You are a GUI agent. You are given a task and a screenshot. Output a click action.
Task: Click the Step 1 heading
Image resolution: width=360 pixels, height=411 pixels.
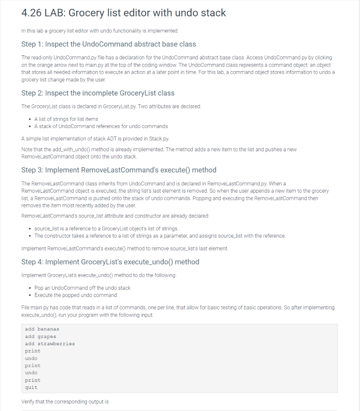pos(108,44)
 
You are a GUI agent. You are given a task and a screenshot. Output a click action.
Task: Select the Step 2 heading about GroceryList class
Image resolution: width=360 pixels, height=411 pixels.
pos(98,93)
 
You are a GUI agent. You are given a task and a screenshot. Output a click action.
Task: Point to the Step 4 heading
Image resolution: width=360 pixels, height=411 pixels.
pos(110,262)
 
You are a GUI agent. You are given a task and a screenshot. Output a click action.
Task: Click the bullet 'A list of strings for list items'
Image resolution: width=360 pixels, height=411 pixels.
pos(66,119)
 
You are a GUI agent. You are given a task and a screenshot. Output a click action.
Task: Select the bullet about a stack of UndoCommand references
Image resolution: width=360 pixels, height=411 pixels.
pos(101,126)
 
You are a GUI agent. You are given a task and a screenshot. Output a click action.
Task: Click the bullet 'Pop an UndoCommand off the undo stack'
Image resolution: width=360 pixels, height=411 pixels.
pos(82,288)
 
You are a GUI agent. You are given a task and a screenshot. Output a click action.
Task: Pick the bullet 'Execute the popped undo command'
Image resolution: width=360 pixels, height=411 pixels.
pos(75,295)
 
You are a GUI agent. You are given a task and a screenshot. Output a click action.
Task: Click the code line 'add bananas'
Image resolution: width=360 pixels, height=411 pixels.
pos(42,329)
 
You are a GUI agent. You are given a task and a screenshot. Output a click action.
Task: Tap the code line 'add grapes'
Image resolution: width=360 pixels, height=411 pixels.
pos(40,336)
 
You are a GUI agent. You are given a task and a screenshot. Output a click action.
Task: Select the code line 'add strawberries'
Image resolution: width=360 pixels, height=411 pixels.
pos(50,344)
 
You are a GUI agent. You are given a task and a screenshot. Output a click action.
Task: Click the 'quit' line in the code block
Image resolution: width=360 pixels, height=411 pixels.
pos(31,387)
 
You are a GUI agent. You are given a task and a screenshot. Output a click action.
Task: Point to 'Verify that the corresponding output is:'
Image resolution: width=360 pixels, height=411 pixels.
pos(65,401)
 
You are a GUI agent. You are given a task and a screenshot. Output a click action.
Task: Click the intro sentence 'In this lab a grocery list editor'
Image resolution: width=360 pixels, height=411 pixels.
pos(100,31)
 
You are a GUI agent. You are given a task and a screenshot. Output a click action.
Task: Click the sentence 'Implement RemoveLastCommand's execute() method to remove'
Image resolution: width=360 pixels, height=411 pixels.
pos(124,248)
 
